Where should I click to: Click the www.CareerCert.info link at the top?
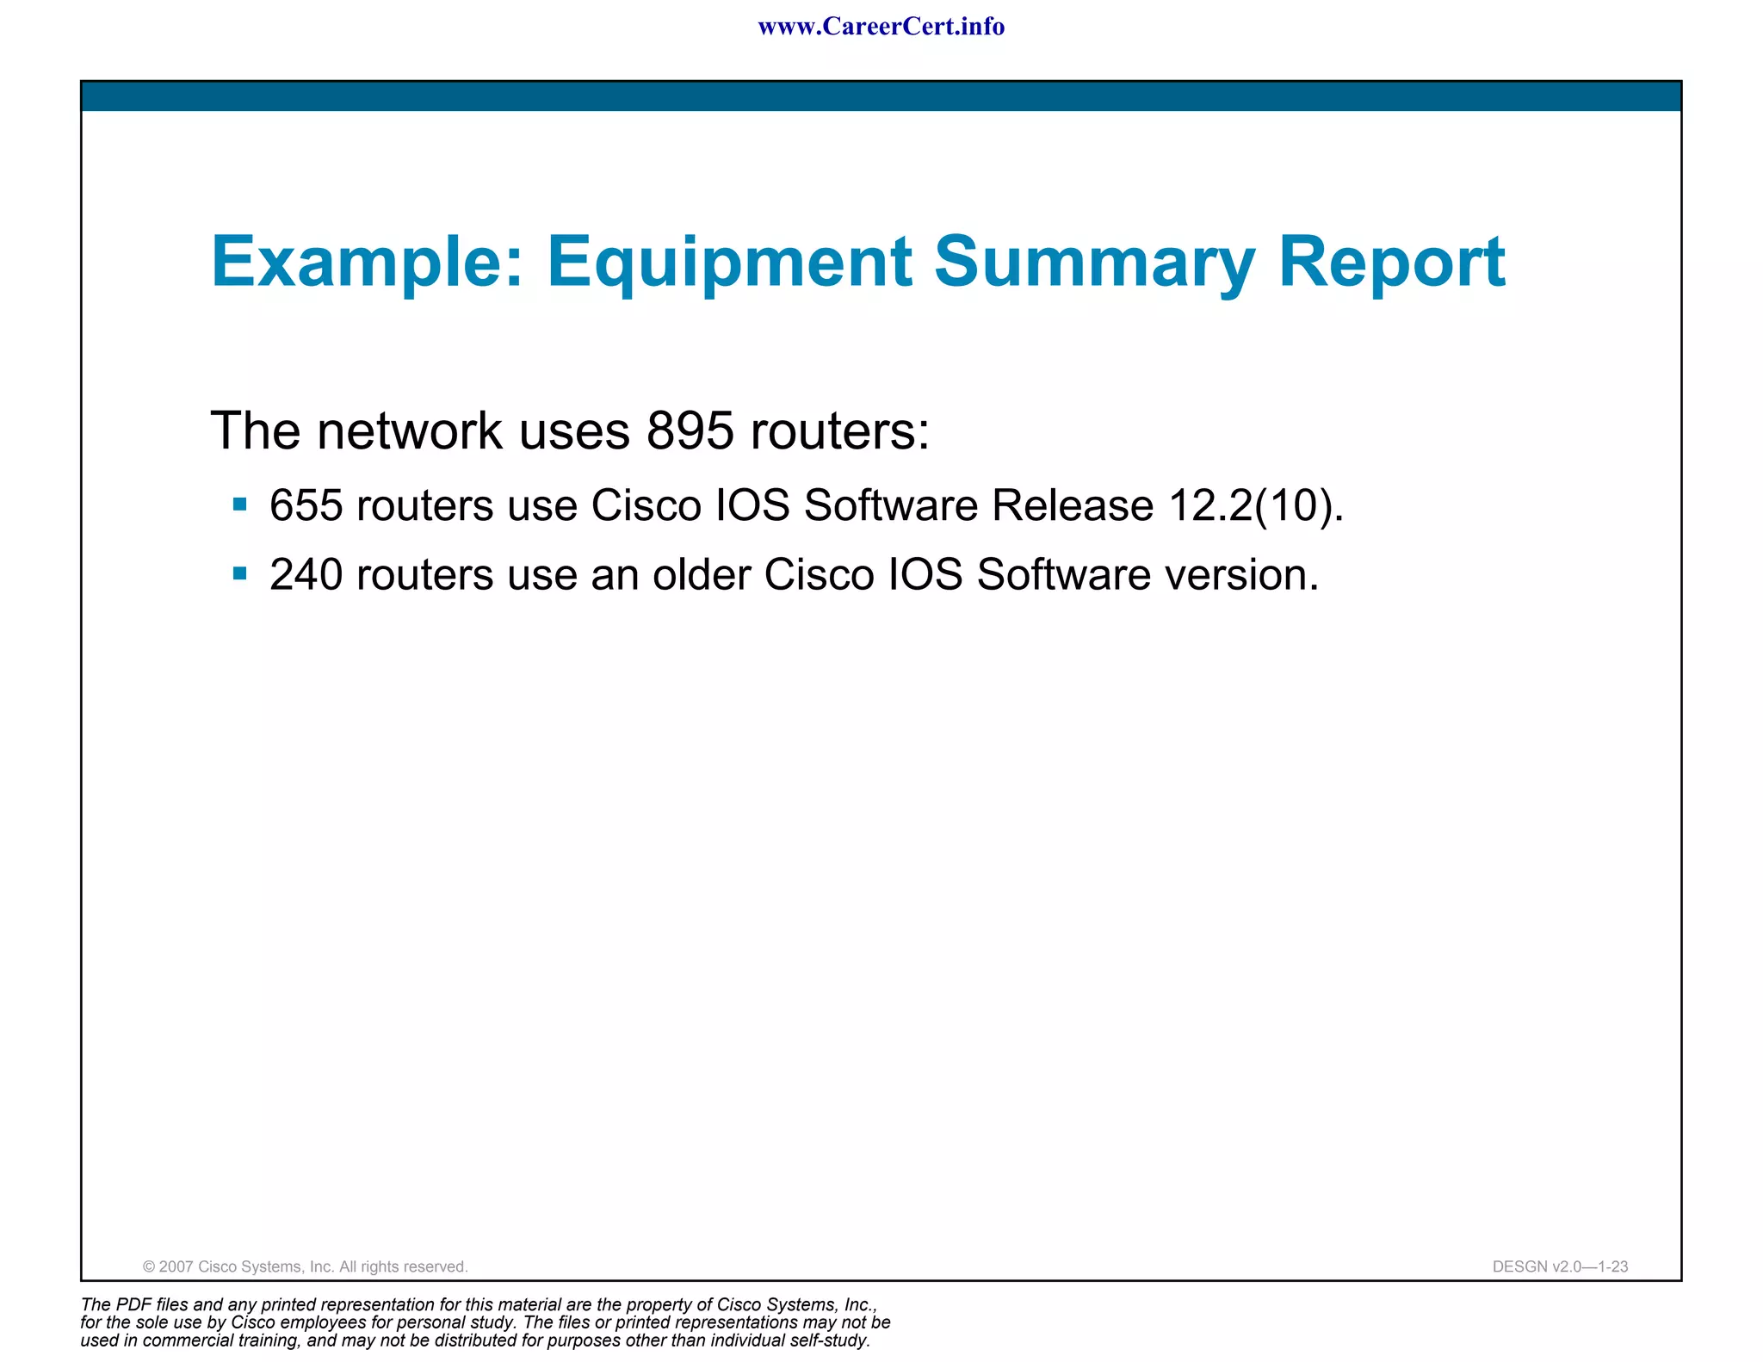point(881,27)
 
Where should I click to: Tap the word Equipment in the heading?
point(729,262)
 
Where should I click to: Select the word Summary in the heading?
point(1094,262)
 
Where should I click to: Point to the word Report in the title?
point(1391,262)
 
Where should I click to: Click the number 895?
point(690,430)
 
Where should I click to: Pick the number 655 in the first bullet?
point(306,505)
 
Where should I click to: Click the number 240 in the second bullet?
point(306,574)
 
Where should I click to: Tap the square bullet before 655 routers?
point(240,504)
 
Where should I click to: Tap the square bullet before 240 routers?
point(240,573)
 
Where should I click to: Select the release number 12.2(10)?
point(1255,505)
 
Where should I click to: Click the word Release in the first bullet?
point(1072,505)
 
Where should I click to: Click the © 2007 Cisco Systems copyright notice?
point(305,1266)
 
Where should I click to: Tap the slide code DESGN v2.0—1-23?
point(1560,1266)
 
